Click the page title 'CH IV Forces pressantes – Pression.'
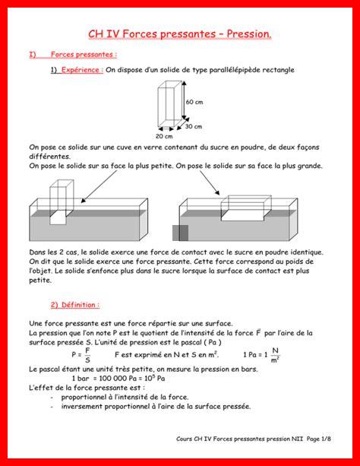(180, 34)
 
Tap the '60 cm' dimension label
(194, 102)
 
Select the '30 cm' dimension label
(194, 126)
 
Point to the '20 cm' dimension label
(164, 136)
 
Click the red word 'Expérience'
(81, 70)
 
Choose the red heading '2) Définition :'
(75, 305)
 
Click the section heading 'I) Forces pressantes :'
(73, 55)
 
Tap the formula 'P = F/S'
(81, 355)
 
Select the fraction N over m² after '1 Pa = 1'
(275, 355)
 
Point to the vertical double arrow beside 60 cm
(184, 100)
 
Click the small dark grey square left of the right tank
(180, 233)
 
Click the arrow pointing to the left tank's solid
(99, 187)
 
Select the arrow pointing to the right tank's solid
(210, 182)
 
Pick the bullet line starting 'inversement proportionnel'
(156, 406)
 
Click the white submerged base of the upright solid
(58, 217)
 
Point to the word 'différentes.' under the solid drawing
(49, 157)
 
